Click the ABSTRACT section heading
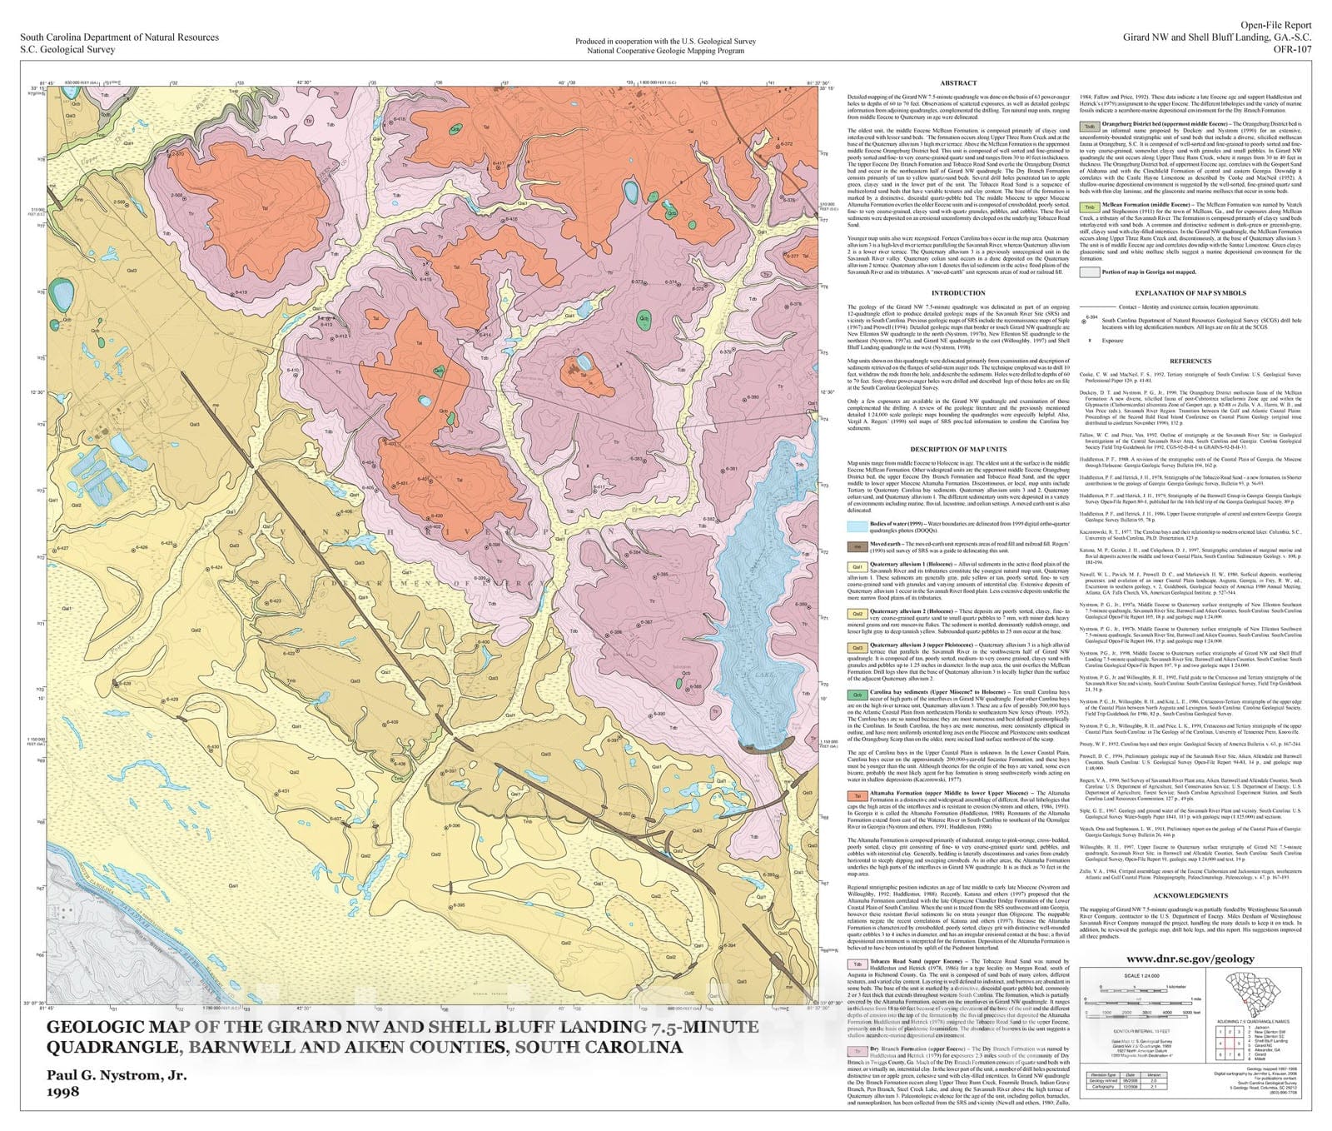958,83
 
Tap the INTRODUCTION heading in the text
958,293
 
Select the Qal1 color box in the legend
857,566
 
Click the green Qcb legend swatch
857,694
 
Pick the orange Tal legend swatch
857,795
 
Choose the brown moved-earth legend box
857,547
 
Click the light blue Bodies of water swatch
857,526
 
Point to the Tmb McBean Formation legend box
1089,207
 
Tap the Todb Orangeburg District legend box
1089,127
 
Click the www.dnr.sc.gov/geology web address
1195,959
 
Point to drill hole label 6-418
400,119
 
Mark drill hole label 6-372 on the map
786,144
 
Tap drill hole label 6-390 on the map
659,714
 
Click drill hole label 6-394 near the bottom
729,945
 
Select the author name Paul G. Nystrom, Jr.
117,1075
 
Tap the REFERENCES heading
1190,361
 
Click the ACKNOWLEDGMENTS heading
1190,895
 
